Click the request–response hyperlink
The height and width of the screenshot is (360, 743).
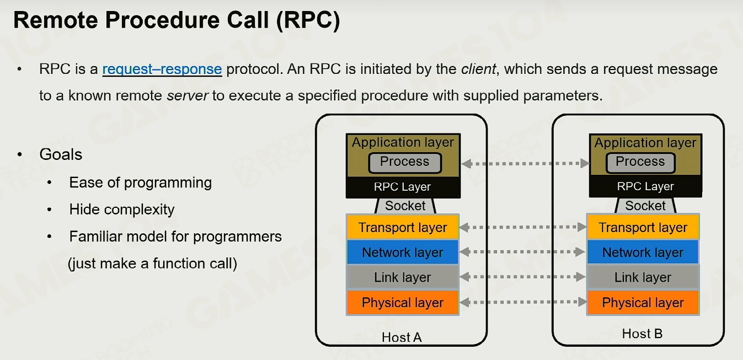(x=162, y=69)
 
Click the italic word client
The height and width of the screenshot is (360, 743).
(x=478, y=69)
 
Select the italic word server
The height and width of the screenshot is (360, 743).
(x=188, y=95)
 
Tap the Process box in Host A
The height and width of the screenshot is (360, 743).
(x=405, y=163)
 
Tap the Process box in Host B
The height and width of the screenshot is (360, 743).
(x=640, y=163)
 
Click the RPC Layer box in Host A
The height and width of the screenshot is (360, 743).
(x=403, y=187)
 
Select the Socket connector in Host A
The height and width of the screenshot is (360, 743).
(x=405, y=206)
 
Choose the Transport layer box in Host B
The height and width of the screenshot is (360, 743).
(x=643, y=227)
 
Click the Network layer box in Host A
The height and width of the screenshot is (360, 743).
(x=403, y=252)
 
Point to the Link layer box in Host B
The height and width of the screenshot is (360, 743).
(x=643, y=277)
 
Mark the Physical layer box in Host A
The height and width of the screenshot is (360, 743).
(x=403, y=303)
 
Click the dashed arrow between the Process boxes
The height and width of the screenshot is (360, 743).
(x=526, y=163)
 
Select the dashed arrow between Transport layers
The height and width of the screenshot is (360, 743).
(x=523, y=227)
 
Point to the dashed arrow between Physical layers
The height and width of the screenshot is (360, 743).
(x=523, y=302)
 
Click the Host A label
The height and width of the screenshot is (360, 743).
(x=402, y=337)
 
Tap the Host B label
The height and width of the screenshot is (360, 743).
(x=642, y=334)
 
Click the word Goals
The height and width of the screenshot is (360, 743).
(x=61, y=154)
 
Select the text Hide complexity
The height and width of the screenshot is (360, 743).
(x=122, y=209)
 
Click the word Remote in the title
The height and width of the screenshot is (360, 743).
(x=56, y=20)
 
